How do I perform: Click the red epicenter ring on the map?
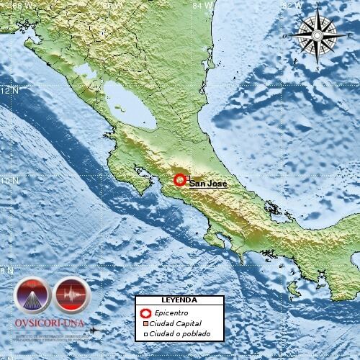pyautogui.click(x=180, y=180)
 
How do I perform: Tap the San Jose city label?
pyautogui.click(x=208, y=184)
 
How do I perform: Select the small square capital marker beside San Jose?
pyautogui.click(x=186, y=179)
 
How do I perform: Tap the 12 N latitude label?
pyautogui.click(x=9, y=91)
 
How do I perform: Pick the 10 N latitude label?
pyautogui.click(x=9, y=181)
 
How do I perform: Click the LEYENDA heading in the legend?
pyautogui.click(x=179, y=300)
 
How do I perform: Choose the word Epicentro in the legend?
pyautogui.click(x=171, y=313)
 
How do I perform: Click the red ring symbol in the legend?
pyautogui.click(x=144, y=313)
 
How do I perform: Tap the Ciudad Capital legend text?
pyautogui.click(x=177, y=324)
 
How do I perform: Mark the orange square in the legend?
pyautogui.click(x=144, y=324)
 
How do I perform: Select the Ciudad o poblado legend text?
pyautogui.click(x=181, y=334)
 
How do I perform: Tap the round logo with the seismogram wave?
pyautogui.click(x=71, y=295)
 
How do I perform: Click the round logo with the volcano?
pyautogui.click(x=32, y=295)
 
